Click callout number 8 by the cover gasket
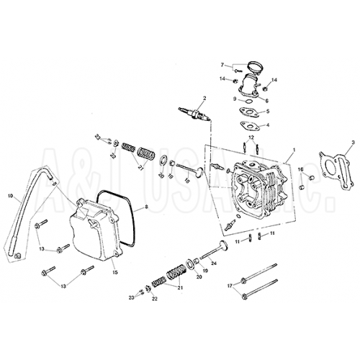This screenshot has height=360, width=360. pos(145,207)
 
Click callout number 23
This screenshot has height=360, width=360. pos(132,297)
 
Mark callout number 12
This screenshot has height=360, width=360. pos(250,137)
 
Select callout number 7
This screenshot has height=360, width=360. pos(222,64)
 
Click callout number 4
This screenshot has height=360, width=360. pos(268,125)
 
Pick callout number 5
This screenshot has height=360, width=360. pos(268,112)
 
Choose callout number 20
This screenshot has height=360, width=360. pos(199,276)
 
